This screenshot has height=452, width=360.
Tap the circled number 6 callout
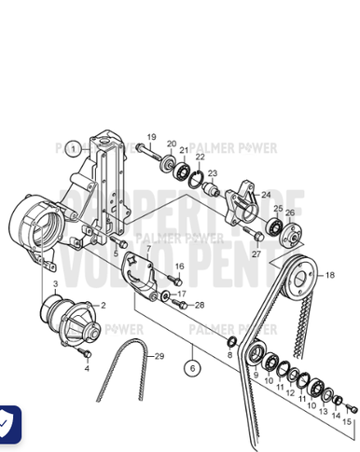tap(192, 369)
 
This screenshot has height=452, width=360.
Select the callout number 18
tap(329, 277)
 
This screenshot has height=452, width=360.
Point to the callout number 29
tap(159, 357)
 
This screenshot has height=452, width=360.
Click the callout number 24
tap(266, 195)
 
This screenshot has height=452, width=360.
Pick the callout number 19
tap(152, 138)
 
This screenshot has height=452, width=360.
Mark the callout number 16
tap(180, 267)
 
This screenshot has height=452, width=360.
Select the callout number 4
tap(87, 367)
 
